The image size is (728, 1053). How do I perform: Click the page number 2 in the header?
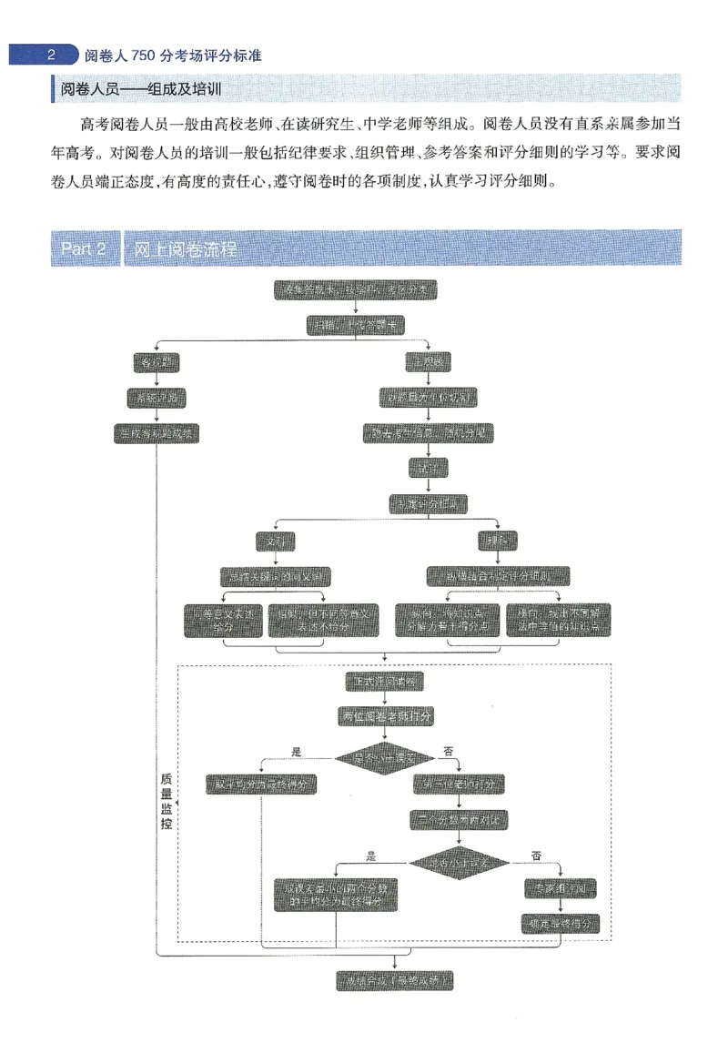(x=52, y=55)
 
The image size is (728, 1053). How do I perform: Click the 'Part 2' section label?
(x=86, y=248)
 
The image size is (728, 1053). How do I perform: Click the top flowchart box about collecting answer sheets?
(x=355, y=290)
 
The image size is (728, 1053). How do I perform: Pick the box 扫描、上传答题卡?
(x=355, y=325)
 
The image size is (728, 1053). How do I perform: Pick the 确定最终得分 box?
(x=561, y=923)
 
